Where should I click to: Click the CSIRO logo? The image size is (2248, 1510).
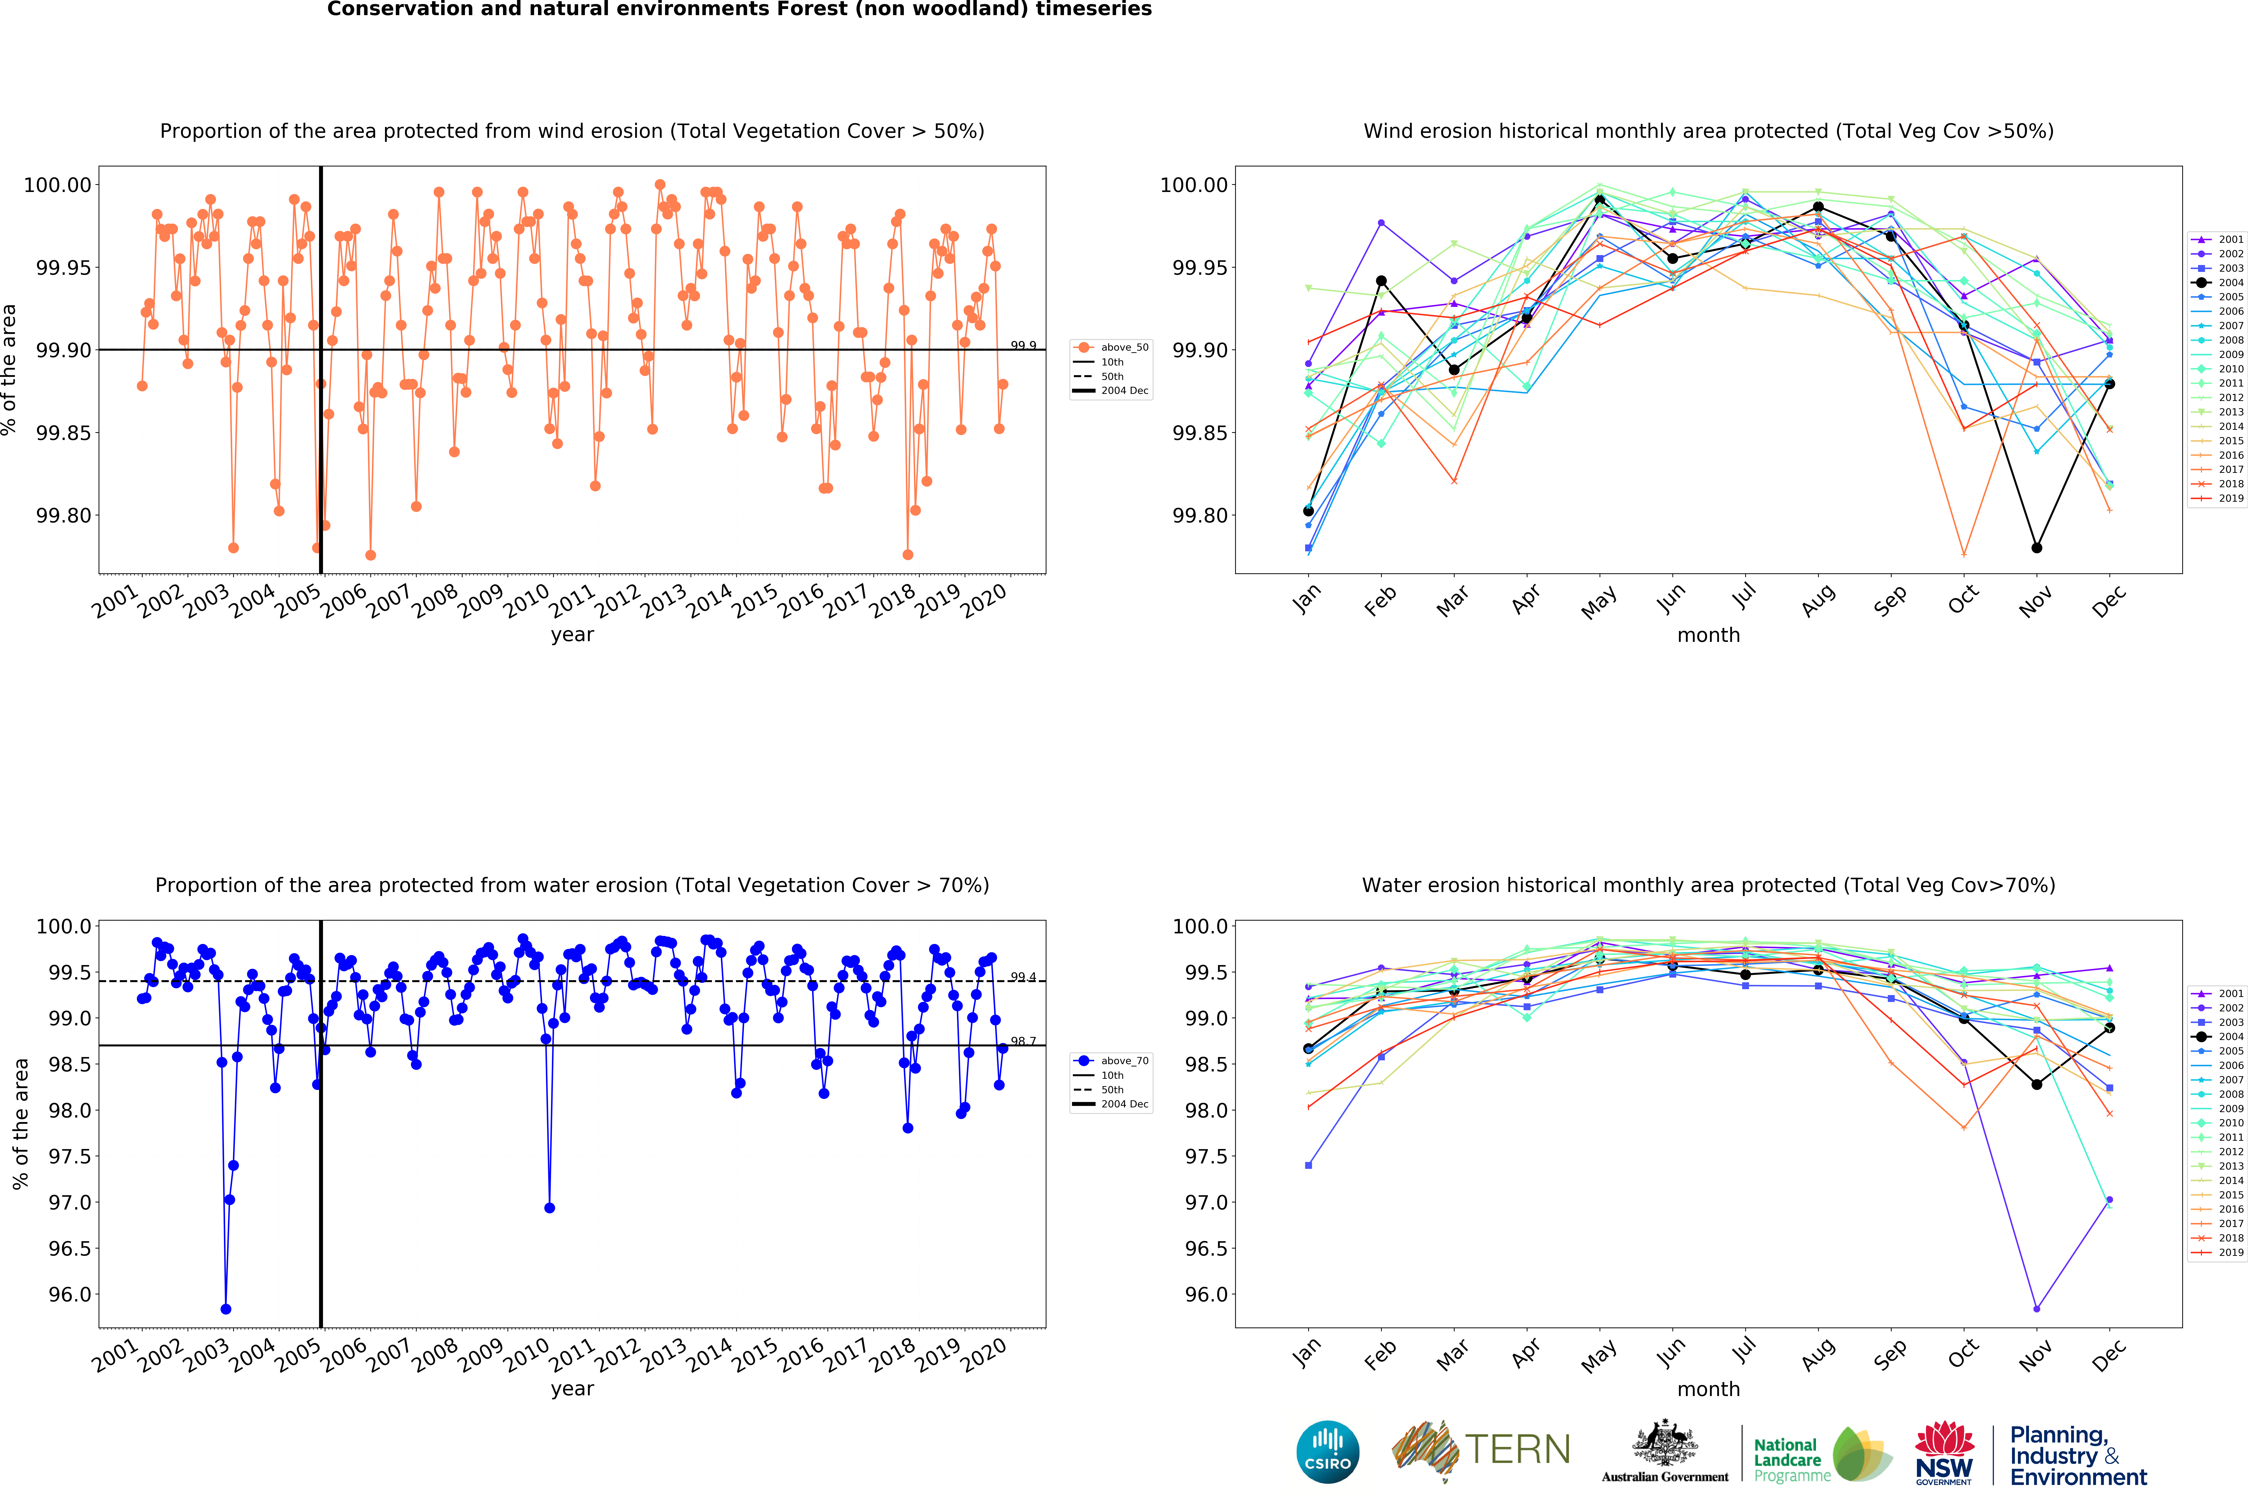tap(1327, 1451)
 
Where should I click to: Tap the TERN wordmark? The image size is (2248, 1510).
tap(1517, 1449)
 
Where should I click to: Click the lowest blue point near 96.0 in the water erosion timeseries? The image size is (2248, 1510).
tap(225, 1309)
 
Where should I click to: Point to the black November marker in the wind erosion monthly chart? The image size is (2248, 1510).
tap(2036, 548)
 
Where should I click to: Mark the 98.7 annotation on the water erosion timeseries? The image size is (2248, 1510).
tap(1023, 1041)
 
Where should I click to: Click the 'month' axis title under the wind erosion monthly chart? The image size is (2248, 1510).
tap(1708, 635)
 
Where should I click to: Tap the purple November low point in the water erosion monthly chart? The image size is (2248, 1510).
tap(2036, 1309)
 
